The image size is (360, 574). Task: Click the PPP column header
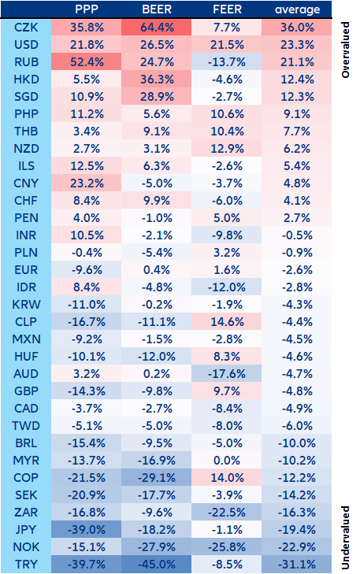[86, 10]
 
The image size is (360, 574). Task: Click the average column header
[297, 10]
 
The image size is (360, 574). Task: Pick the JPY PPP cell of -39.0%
[86, 530]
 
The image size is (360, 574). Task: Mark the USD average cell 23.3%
[297, 45]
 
